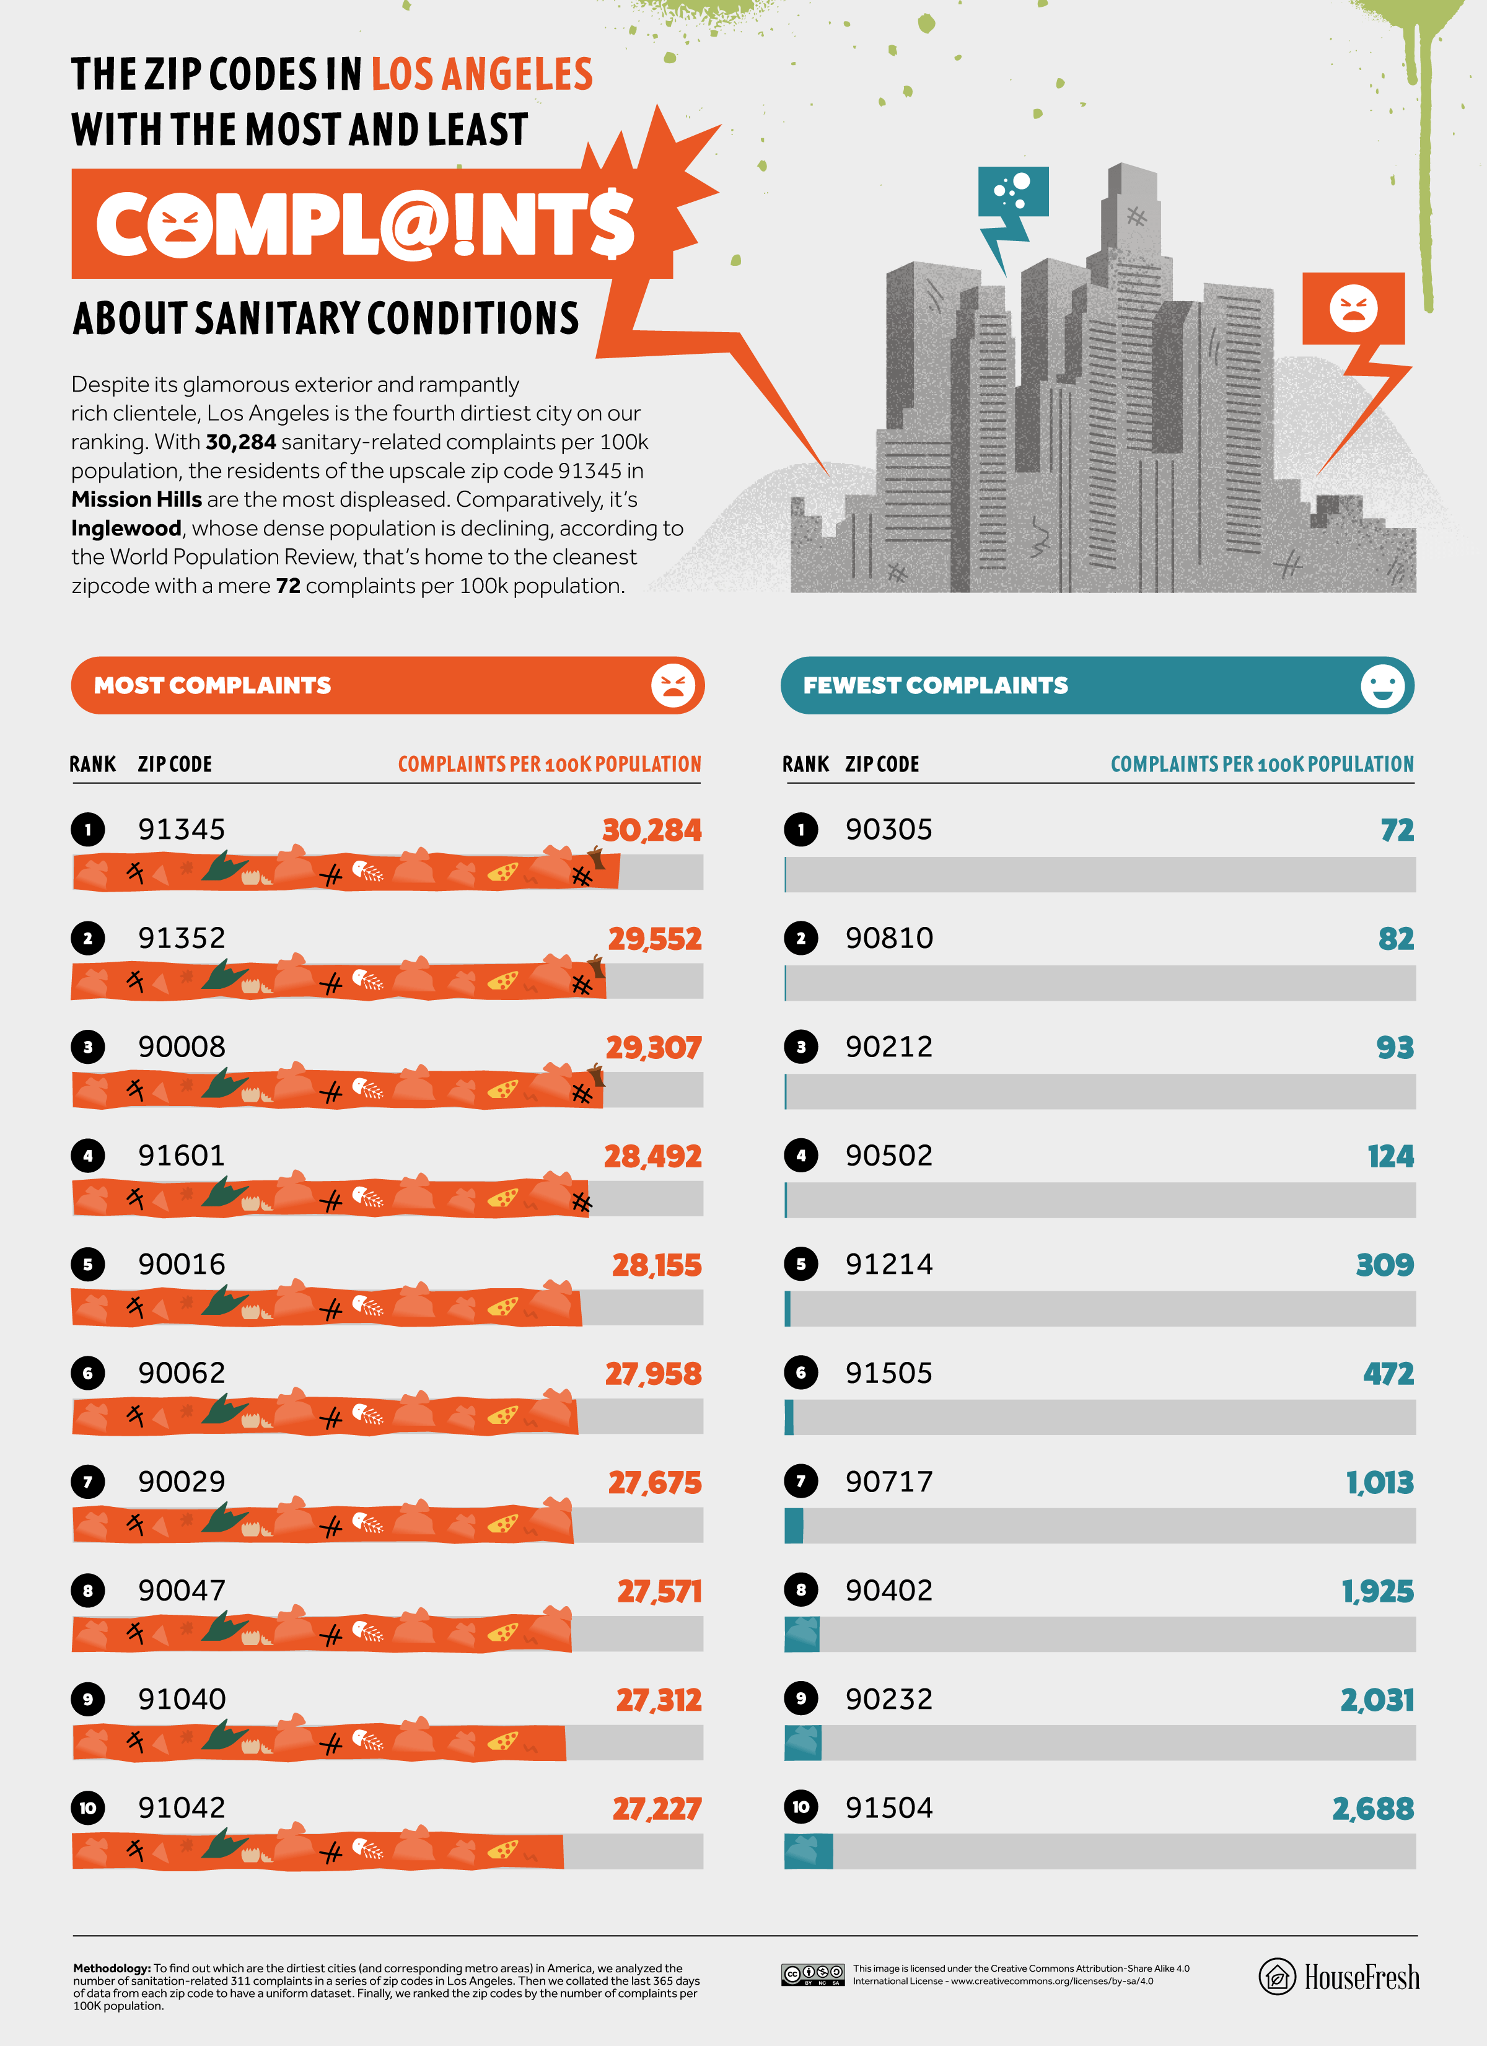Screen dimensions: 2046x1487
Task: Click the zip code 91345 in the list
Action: (x=182, y=829)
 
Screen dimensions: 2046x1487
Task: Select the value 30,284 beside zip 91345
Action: (x=651, y=830)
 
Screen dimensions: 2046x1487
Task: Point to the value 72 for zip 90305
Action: (x=1397, y=830)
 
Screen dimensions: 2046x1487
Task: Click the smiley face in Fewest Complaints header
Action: (x=1382, y=685)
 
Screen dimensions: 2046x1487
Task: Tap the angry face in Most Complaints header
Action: (x=673, y=685)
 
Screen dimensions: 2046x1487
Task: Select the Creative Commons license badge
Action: (x=812, y=1974)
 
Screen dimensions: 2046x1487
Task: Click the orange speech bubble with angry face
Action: (x=1353, y=309)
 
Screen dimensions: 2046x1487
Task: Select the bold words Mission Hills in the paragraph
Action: (x=136, y=499)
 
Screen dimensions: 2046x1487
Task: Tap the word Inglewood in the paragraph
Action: (x=126, y=528)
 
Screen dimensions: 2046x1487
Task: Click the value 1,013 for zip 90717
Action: (x=1380, y=1482)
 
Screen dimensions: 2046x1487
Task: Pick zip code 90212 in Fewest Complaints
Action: (x=888, y=1047)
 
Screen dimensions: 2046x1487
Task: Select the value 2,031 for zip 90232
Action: (x=1377, y=1700)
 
